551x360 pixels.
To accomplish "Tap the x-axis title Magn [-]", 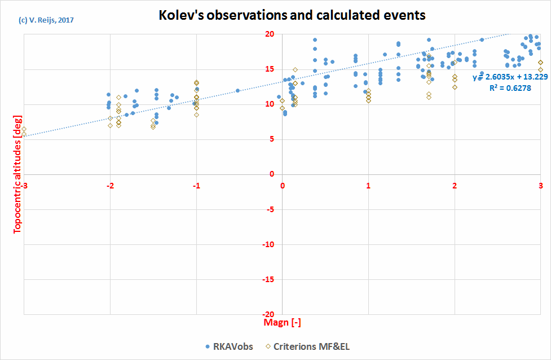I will (x=282, y=322).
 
